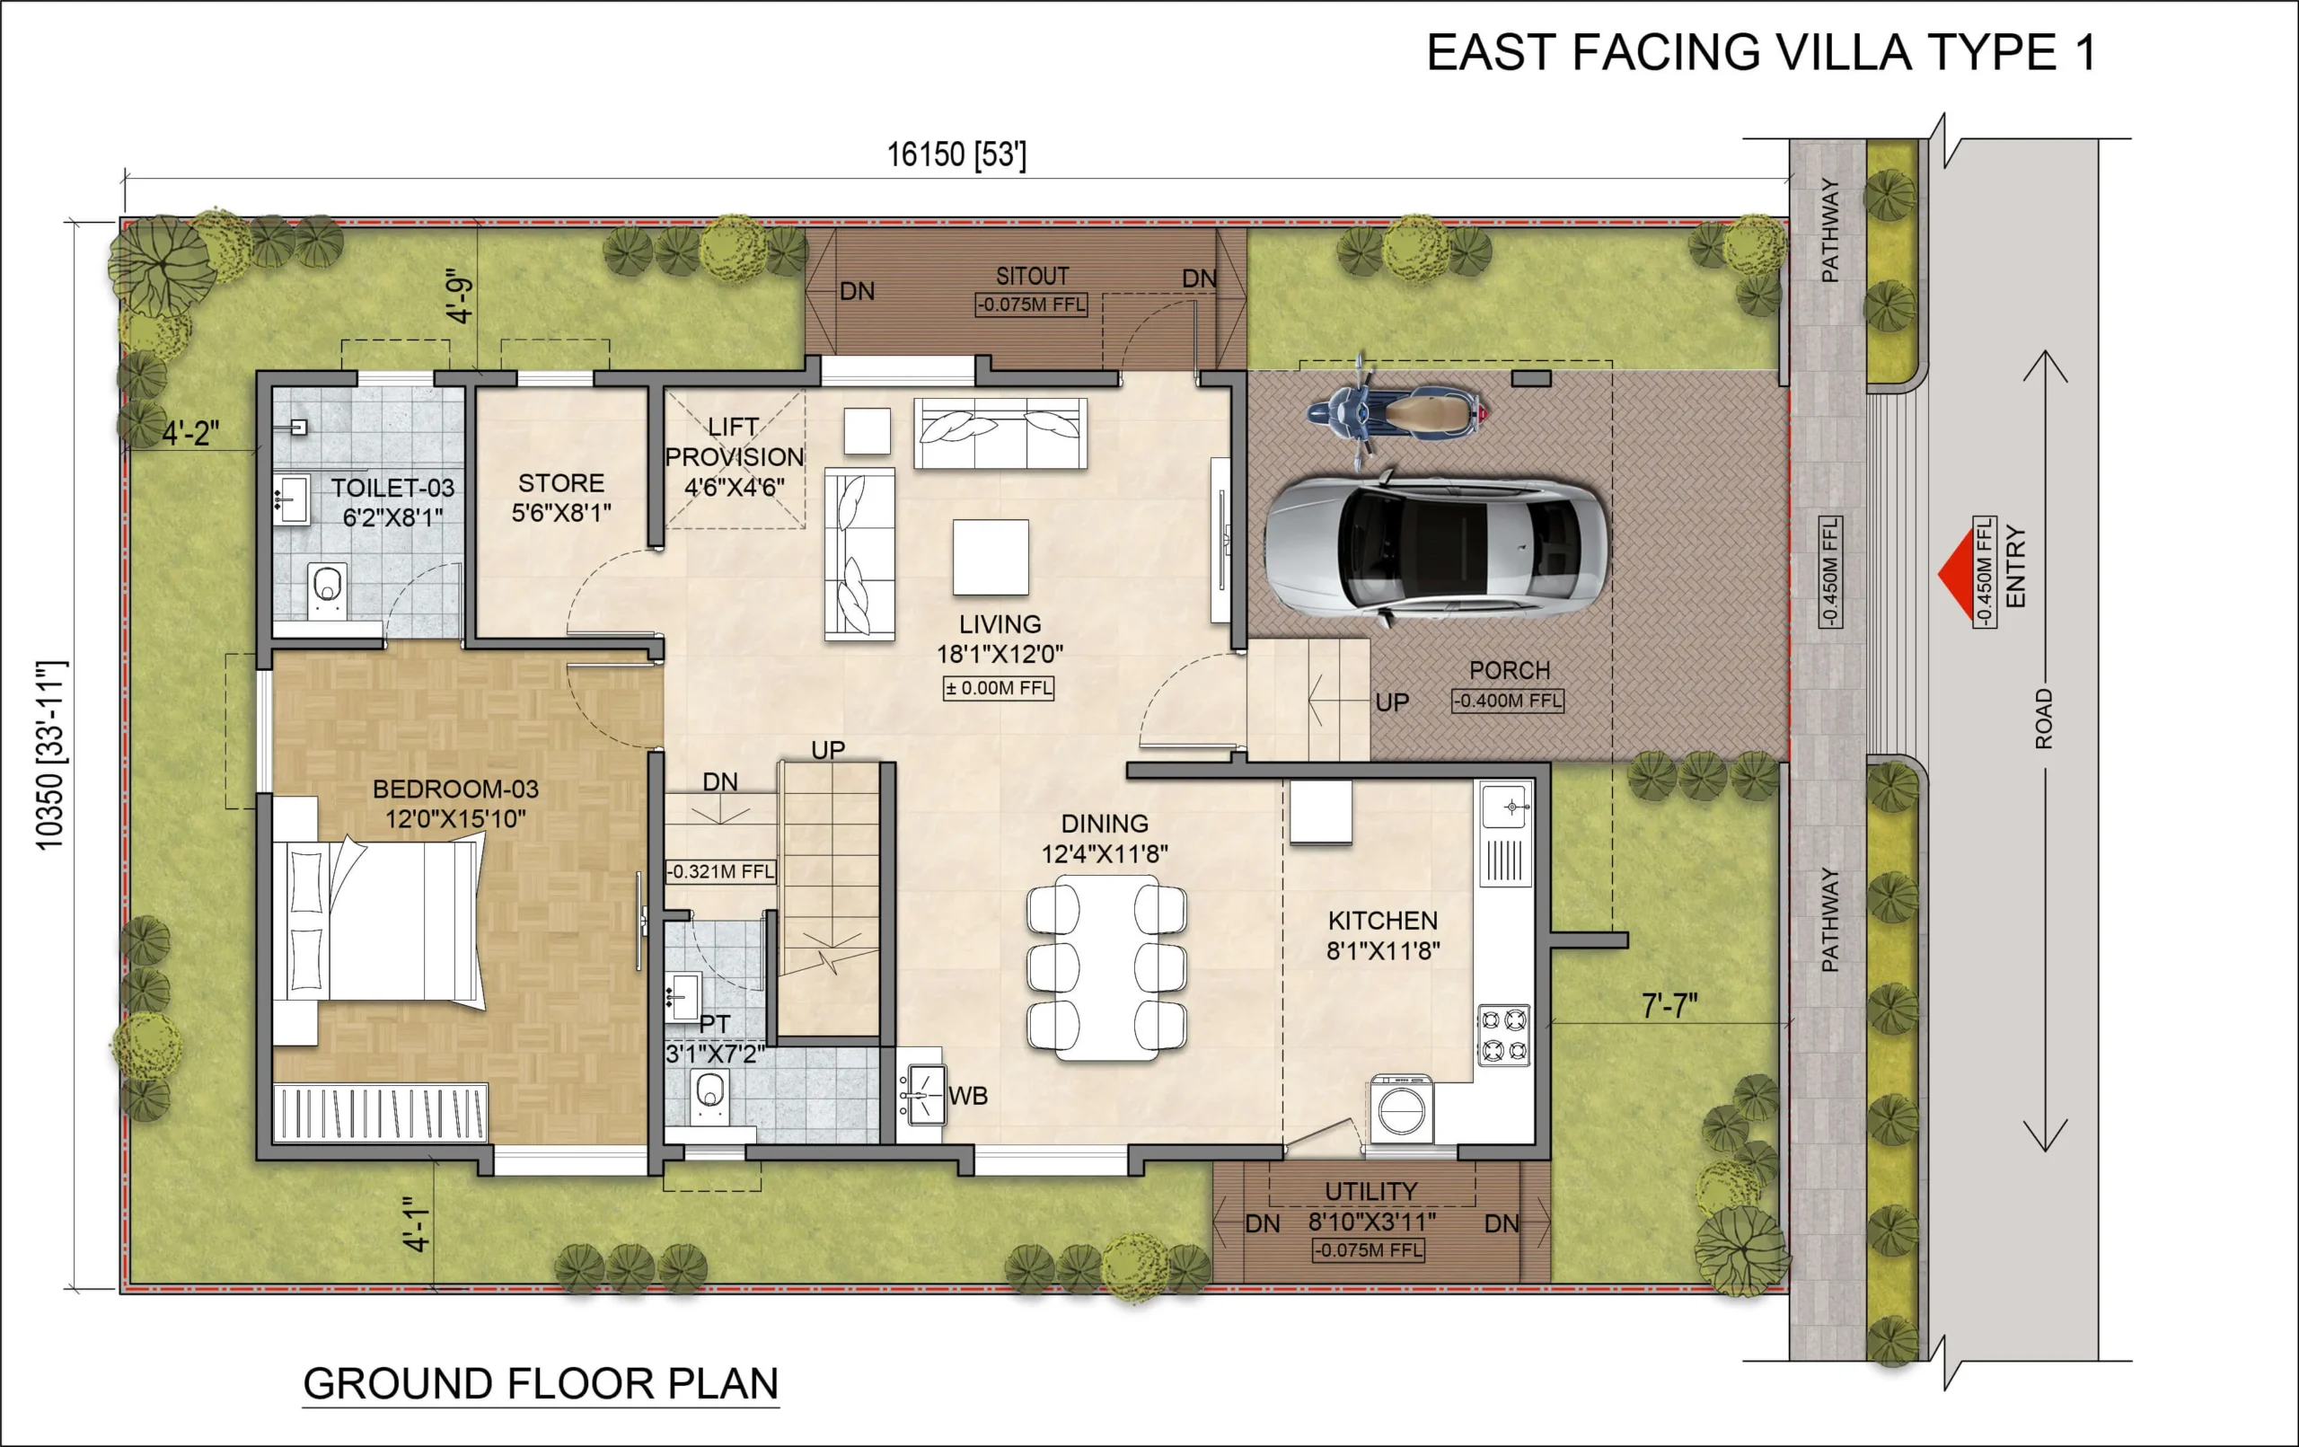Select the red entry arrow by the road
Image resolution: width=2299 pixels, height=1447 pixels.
1956,573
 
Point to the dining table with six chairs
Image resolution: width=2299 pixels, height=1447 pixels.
1106,968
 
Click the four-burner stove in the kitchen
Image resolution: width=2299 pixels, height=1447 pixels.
1503,1035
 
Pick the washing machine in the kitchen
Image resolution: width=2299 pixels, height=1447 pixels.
1402,1109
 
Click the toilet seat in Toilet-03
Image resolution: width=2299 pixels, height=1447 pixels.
328,588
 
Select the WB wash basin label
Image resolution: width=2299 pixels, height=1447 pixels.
968,1096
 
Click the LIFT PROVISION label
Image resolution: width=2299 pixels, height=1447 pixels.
735,456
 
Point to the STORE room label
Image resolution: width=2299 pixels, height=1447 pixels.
561,483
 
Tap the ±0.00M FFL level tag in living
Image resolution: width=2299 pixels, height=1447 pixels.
999,688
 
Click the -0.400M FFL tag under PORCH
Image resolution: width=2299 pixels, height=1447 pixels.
1508,700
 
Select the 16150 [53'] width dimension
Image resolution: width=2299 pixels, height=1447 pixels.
956,154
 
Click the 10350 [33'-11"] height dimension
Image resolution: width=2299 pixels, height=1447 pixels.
49,754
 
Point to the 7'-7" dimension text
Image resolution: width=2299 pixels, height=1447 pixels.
1669,1005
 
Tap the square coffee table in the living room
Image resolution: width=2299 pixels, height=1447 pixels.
991,557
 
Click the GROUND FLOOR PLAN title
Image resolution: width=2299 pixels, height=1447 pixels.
541,1383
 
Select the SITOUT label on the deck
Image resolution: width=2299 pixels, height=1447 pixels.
1032,276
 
